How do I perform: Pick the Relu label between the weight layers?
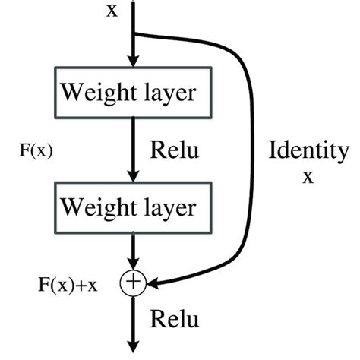click(175, 150)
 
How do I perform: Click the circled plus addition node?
click(133, 283)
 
